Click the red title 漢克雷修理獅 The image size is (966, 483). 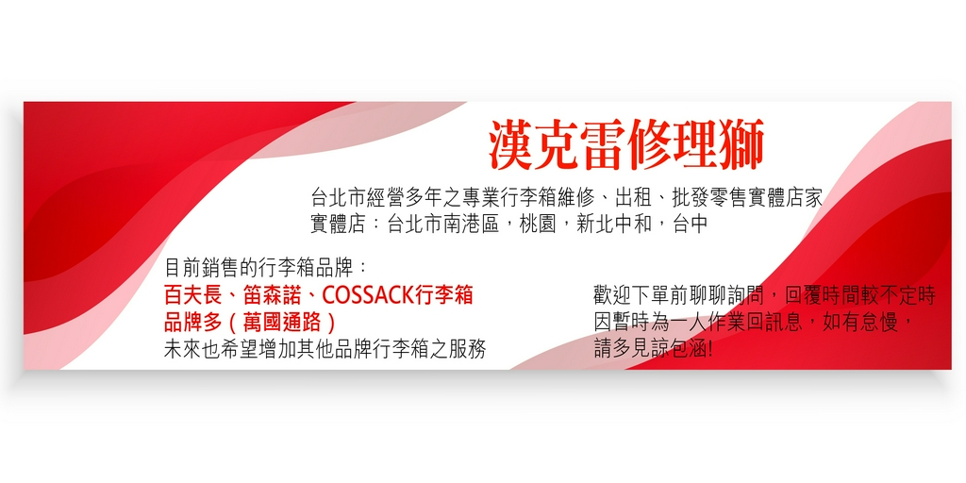[626, 144]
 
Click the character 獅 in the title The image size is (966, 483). [741, 144]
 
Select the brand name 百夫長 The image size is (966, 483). [192, 295]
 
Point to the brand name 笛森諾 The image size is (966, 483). [273, 295]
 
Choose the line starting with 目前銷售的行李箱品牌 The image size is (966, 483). [266, 268]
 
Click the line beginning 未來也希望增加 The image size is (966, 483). [325, 349]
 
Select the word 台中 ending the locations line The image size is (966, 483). [690, 225]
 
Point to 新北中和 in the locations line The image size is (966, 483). [614, 225]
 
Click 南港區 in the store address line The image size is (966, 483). [472, 225]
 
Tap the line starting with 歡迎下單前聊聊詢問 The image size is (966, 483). [764, 295]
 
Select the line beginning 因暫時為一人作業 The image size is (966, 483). [753, 323]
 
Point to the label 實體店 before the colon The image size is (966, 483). [339, 225]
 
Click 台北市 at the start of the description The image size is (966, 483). [339, 198]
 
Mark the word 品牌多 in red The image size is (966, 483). [192, 323]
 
